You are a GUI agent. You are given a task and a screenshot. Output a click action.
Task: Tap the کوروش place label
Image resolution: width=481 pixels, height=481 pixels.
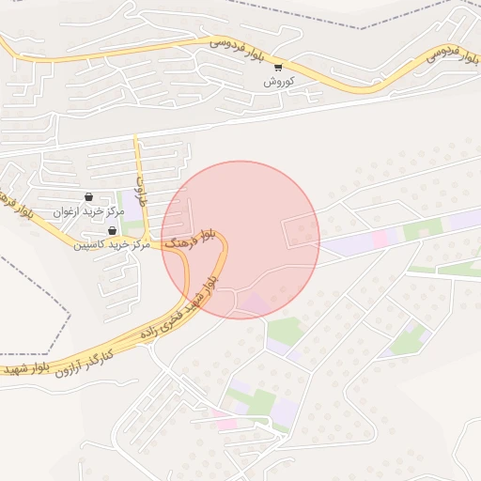(280, 82)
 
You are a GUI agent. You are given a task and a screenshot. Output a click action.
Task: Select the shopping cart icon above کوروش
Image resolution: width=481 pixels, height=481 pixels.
(278, 67)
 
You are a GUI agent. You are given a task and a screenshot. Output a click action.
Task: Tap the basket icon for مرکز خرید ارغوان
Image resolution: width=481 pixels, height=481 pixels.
(88, 197)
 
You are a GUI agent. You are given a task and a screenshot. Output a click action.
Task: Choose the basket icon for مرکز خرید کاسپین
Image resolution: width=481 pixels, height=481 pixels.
(113, 231)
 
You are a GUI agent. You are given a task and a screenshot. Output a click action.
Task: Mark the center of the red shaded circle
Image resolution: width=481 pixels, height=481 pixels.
(240, 240)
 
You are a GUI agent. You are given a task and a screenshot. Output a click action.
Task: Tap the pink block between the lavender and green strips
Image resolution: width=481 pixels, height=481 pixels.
(380, 239)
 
